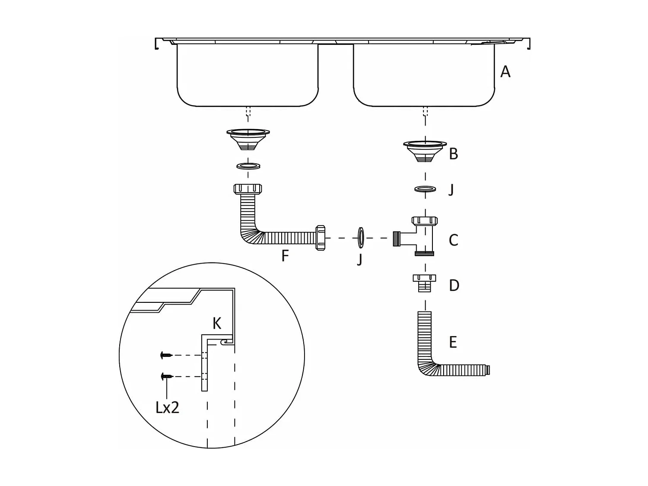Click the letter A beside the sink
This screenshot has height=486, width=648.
coord(505,72)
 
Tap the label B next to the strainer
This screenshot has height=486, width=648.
coord(453,154)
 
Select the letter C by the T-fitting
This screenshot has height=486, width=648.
coord(453,240)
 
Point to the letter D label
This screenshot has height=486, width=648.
coord(454,286)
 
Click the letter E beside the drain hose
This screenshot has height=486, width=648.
coord(453,342)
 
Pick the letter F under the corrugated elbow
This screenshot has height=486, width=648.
coord(285,256)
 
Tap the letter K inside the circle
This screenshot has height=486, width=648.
coord(217,323)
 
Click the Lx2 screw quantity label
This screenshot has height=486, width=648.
coord(167,407)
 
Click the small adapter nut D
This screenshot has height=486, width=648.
coord(424,283)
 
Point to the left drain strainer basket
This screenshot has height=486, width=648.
coord(248,138)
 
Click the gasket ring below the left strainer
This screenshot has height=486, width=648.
coord(248,166)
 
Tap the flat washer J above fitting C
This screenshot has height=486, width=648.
coord(425,189)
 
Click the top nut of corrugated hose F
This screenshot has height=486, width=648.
coord(248,189)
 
